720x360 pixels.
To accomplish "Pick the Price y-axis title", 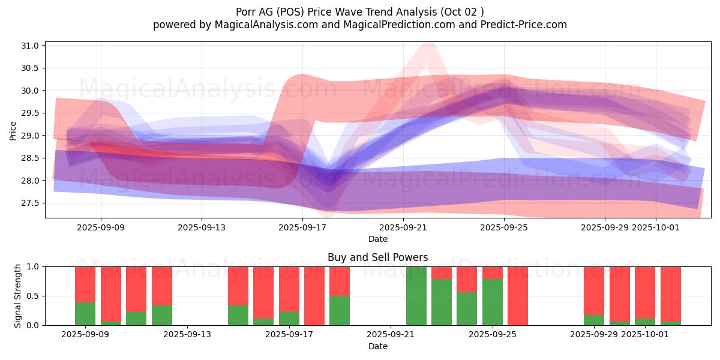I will [x=13, y=130].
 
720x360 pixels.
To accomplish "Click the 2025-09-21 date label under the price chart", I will [x=403, y=227].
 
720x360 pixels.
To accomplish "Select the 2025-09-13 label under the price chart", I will [x=202, y=227].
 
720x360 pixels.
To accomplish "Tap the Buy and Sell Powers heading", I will [x=377, y=257].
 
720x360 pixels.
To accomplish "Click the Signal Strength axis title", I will [x=18, y=296].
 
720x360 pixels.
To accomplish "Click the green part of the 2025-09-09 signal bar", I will [x=85, y=313].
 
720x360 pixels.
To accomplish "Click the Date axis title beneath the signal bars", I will [x=378, y=346].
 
